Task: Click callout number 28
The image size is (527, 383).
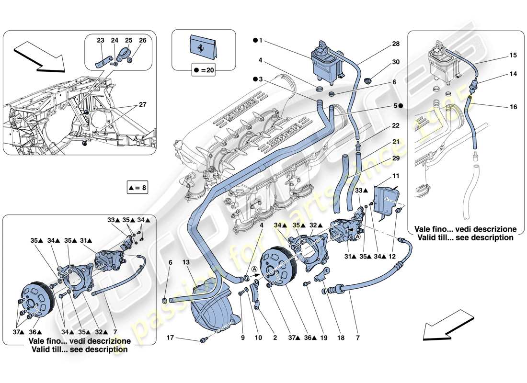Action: tap(396, 44)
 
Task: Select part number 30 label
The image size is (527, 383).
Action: tap(396, 62)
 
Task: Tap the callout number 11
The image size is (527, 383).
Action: tap(396, 177)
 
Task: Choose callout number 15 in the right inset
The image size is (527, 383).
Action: tap(514, 56)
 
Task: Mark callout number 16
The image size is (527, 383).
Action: tap(514, 107)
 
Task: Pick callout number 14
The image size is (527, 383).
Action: tap(514, 74)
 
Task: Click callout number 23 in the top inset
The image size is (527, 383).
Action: tap(100, 41)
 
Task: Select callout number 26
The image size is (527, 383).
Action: tap(142, 41)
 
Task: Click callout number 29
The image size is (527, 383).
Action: tap(396, 158)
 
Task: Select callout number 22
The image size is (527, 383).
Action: tap(396, 125)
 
